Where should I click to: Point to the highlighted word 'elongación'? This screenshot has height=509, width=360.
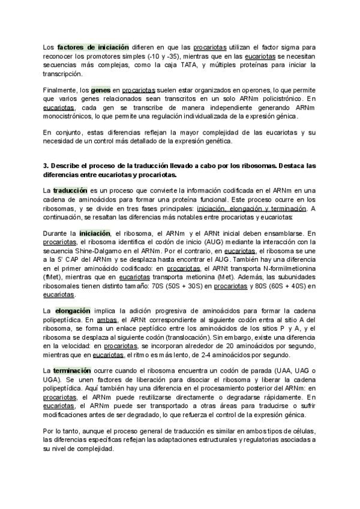pyautogui.click(x=72, y=311)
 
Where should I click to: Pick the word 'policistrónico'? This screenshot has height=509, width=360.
pyautogui.click(x=267, y=98)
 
